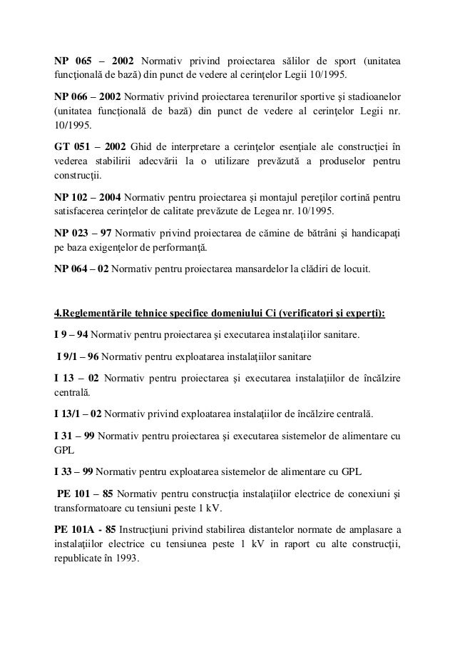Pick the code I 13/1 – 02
point(78,414)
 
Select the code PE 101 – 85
point(85,494)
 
